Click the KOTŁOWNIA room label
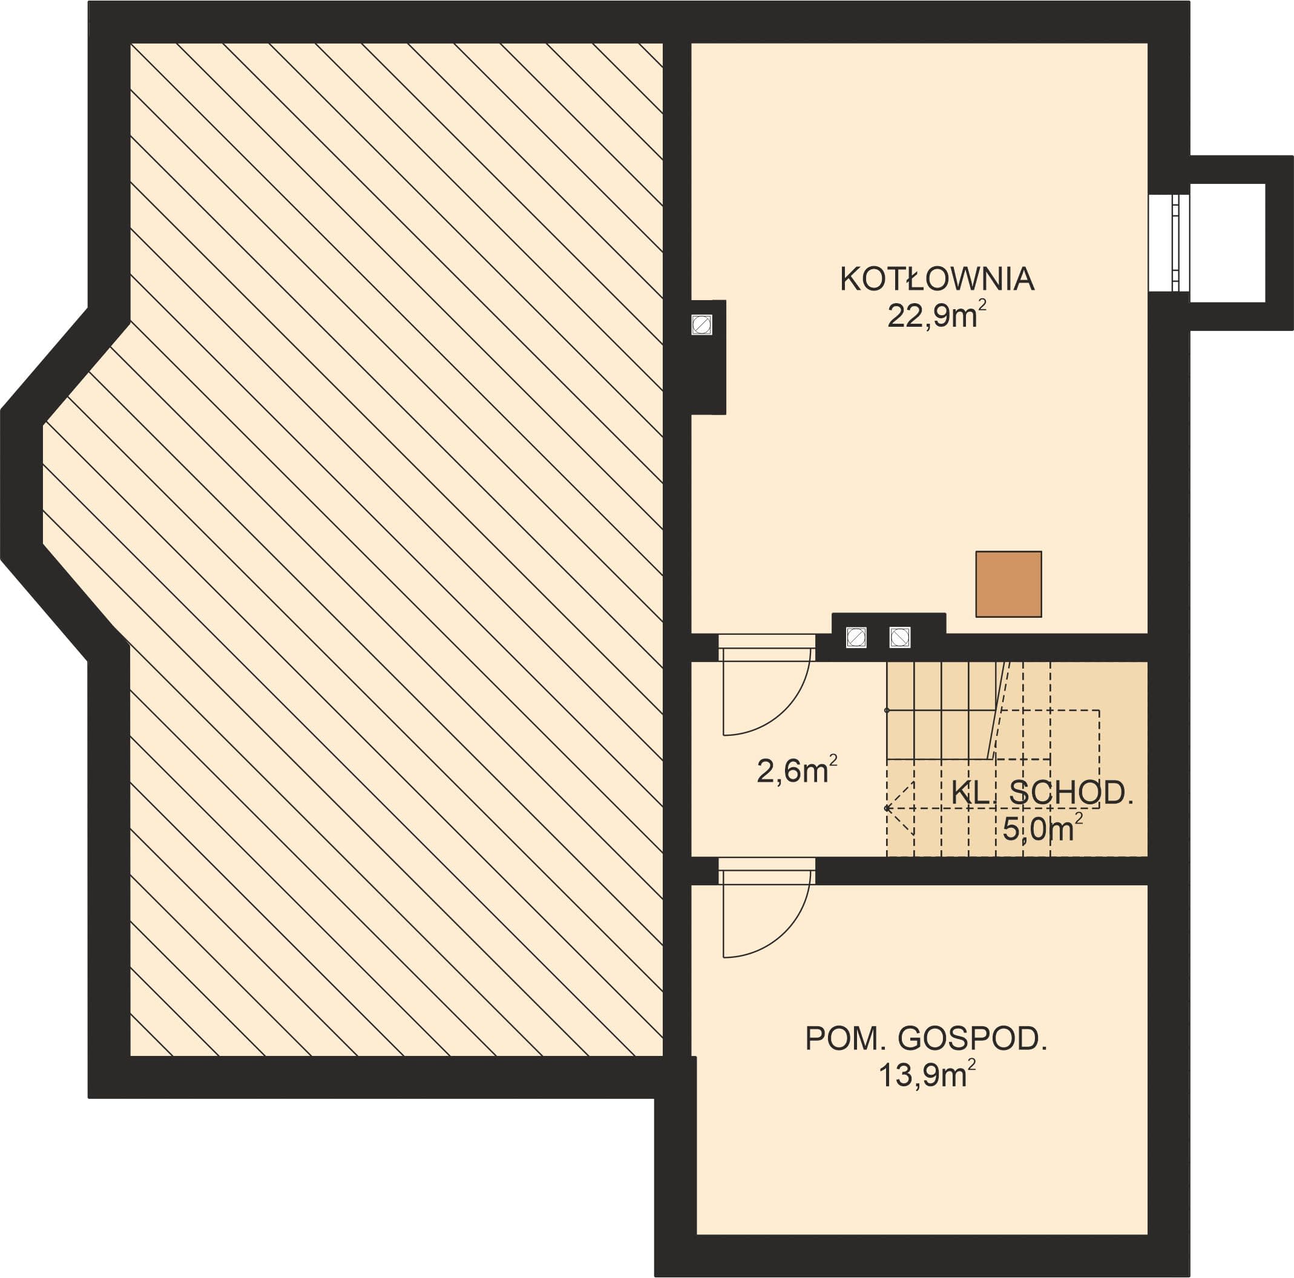click(x=937, y=278)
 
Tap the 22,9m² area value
click(x=936, y=315)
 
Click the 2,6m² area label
click(x=796, y=770)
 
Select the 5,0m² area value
click(x=1042, y=828)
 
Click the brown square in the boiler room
click(x=1008, y=584)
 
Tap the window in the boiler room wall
click(x=1169, y=243)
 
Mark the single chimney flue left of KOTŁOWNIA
click(x=701, y=325)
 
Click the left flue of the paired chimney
click(x=856, y=637)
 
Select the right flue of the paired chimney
click(x=899, y=637)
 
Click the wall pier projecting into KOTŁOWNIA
click(x=709, y=357)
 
